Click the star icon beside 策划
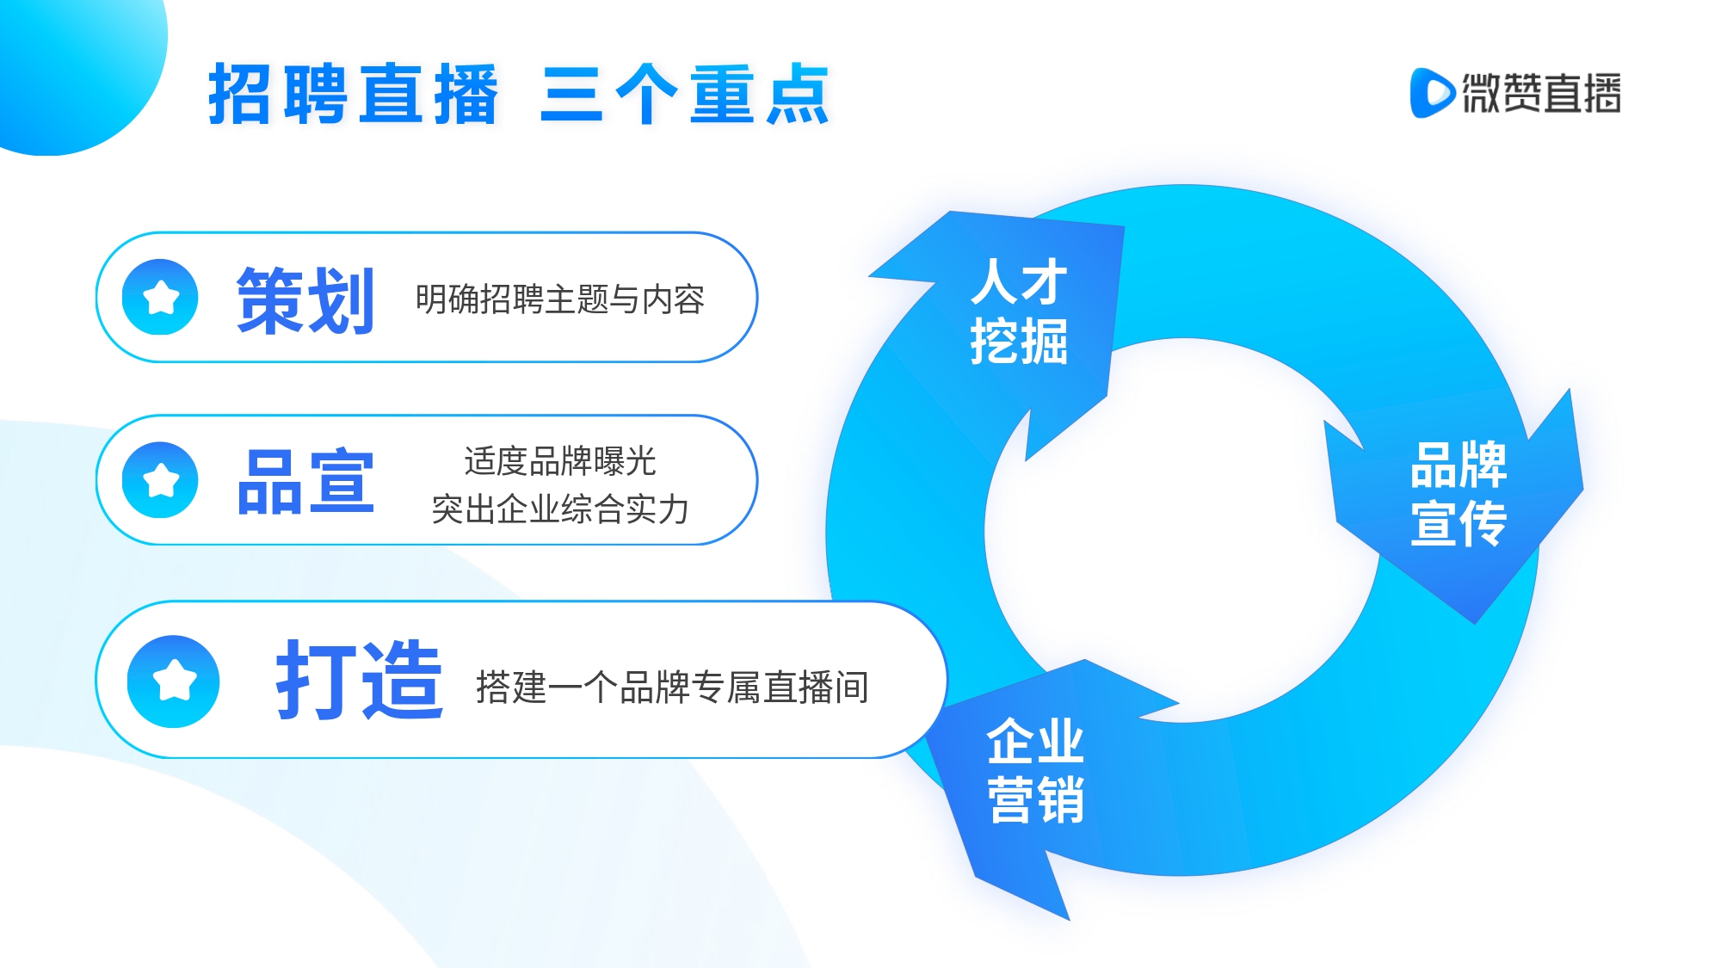coord(160,297)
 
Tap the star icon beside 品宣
coord(160,480)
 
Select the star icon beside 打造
coord(174,681)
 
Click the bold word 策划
coord(305,300)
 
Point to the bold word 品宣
coord(305,482)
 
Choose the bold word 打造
coord(360,680)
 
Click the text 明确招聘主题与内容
coord(560,299)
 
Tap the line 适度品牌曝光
coord(560,461)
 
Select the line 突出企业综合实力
coord(560,509)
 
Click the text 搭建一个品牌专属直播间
coord(672,687)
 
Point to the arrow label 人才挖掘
coord(1020,311)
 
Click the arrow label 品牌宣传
coord(1459,493)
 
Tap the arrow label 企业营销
coord(1035,770)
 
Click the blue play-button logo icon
coord(1432,93)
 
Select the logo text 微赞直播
coord(1542,93)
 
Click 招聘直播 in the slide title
coord(354,94)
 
